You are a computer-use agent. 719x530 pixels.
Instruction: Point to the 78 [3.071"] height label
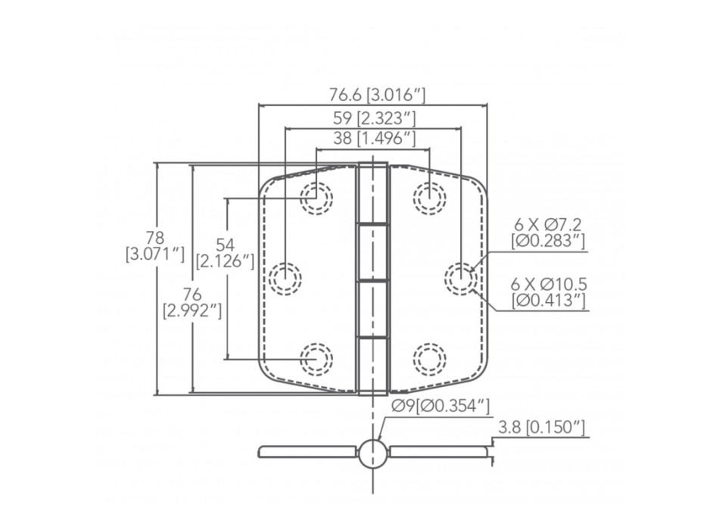(x=155, y=246)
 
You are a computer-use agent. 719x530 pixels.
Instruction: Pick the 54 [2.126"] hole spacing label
(x=225, y=253)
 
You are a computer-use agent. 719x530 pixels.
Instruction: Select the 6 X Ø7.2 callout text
(x=549, y=232)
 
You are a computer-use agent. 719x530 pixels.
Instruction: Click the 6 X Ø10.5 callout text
(x=549, y=293)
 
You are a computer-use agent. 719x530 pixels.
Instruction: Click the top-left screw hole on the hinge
(x=316, y=198)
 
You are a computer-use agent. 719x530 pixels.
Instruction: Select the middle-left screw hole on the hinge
(x=284, y=278)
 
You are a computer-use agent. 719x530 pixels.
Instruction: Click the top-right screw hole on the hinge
(x=428, y=198)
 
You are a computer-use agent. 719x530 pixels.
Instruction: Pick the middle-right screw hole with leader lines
(x=460, y=278)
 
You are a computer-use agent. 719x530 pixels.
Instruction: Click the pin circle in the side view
(x=372, y=453)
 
